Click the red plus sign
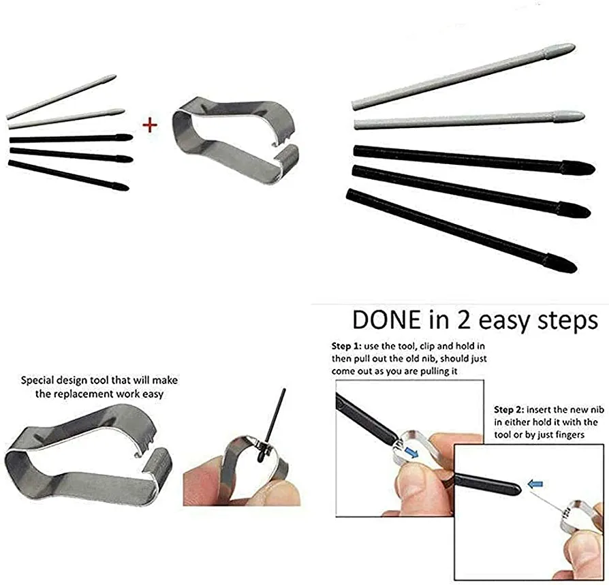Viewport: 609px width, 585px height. coord(150,125)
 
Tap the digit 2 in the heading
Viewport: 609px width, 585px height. coord(463,320)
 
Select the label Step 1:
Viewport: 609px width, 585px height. coord(347,346)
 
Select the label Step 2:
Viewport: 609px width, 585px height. coord(509,409)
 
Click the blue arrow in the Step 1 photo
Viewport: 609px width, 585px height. coord(413,452)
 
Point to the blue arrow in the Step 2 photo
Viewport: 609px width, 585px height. coord(535,484)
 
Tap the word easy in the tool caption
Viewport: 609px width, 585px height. coord(153,394)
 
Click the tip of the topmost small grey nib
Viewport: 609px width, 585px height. coord(115,76)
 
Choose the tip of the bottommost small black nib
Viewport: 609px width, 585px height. coord(128,188)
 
